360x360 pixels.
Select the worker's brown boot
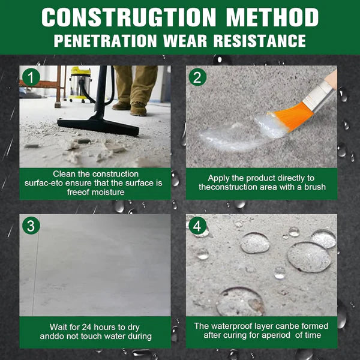(138, 109)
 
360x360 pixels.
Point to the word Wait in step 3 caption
(60, 327)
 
